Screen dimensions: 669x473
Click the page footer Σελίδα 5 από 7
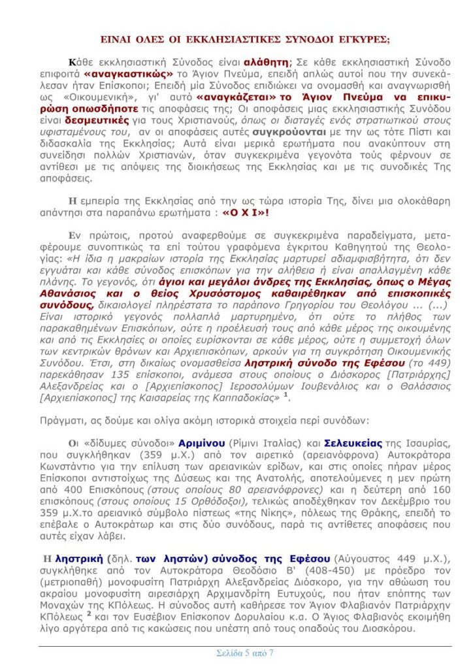click(x=245, y=652)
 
